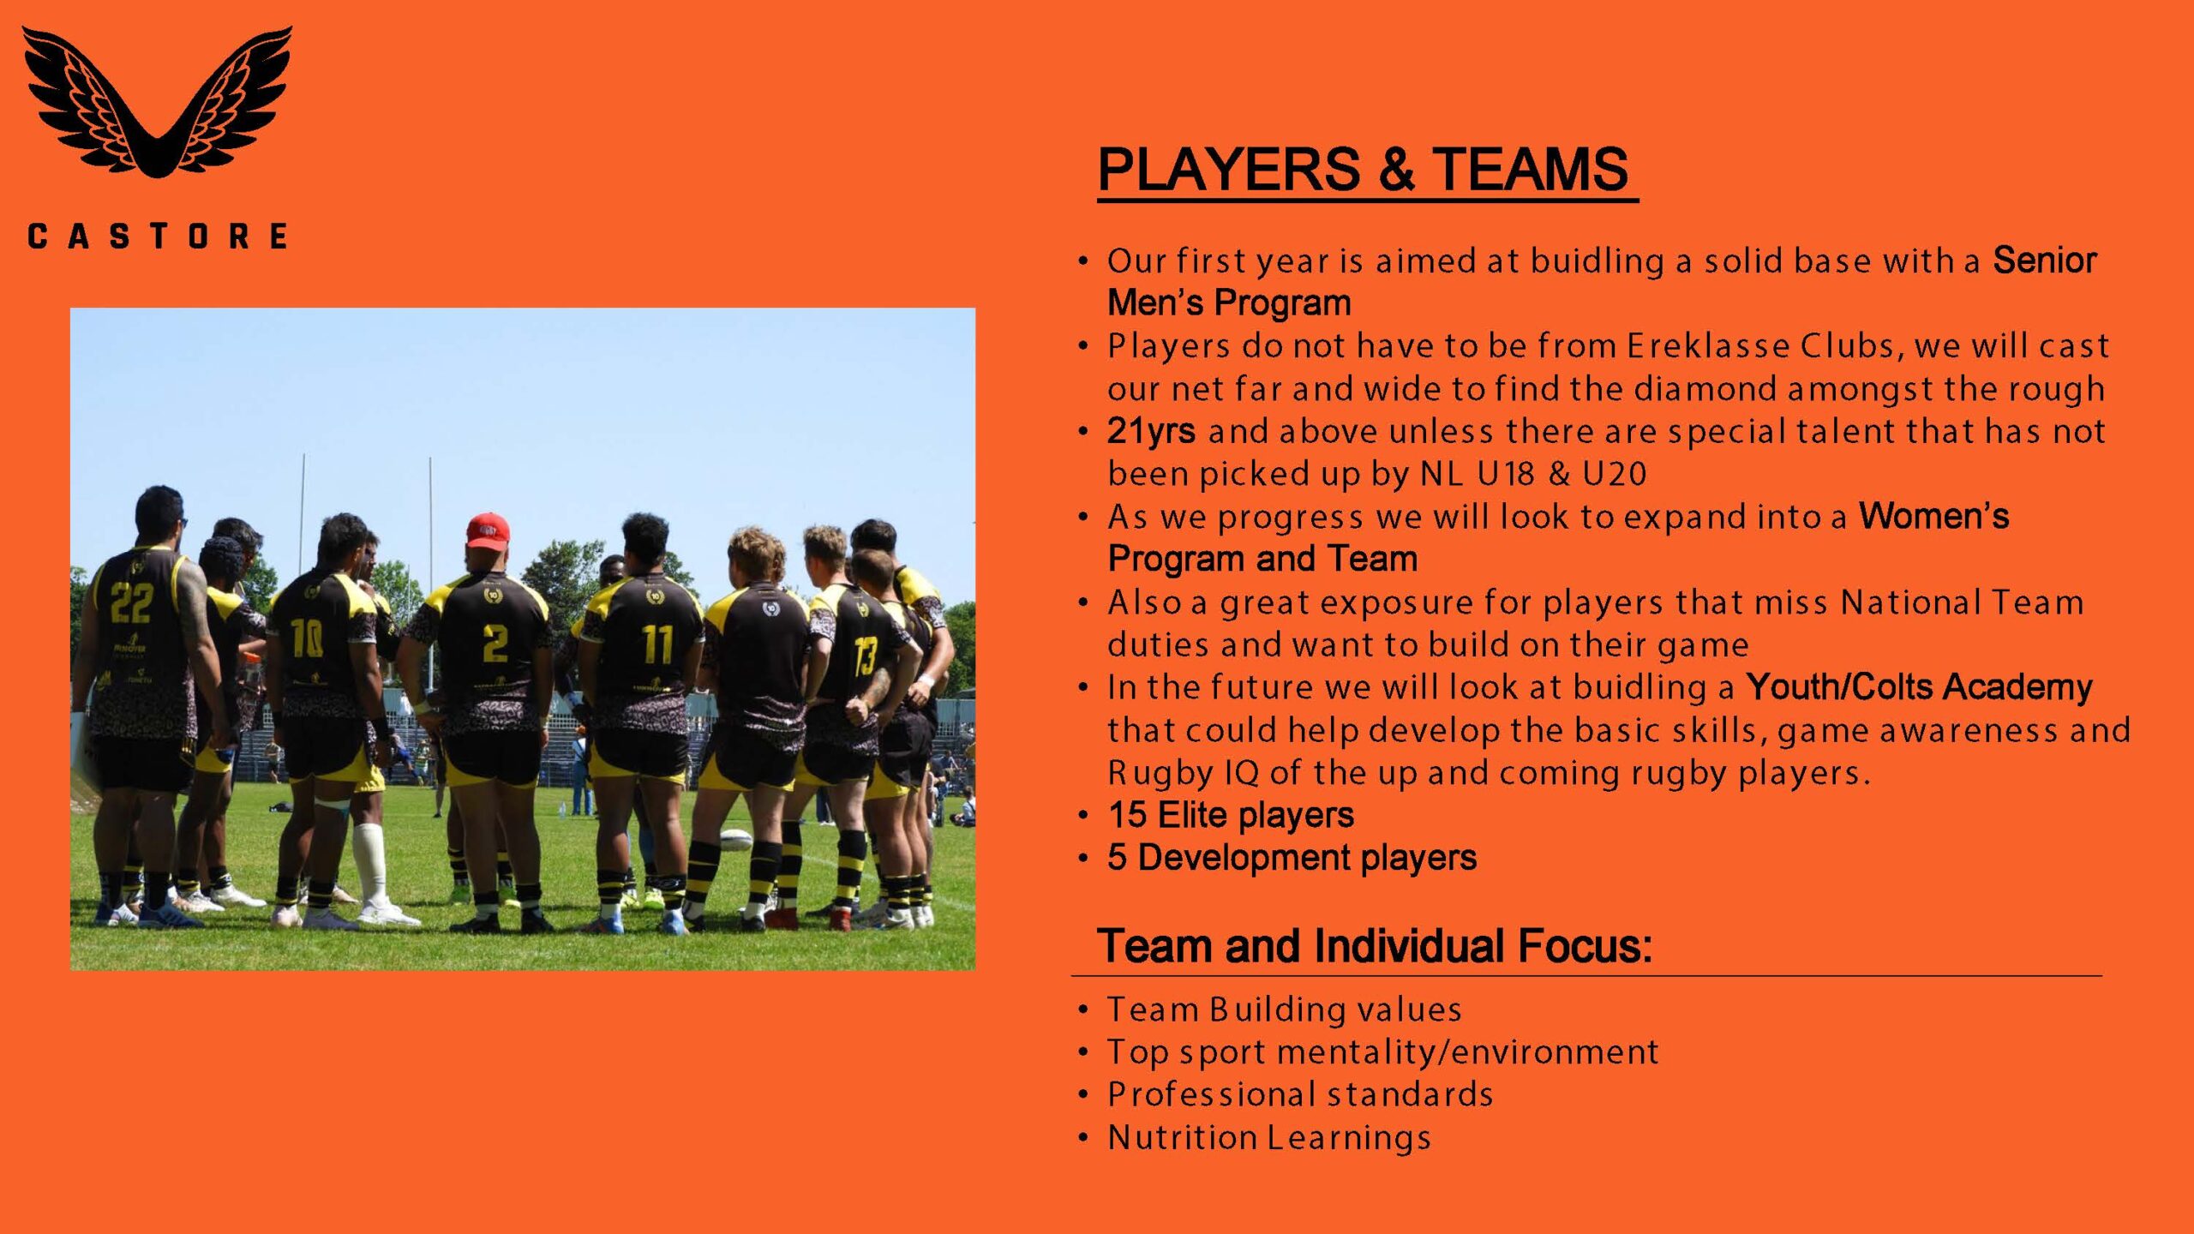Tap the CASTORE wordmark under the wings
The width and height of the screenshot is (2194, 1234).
coord(157,236)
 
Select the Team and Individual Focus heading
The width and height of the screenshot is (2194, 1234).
coord(1375,946)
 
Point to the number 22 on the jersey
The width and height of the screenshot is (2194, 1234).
coord(131,602)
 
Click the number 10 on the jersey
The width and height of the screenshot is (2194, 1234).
coord(307,638)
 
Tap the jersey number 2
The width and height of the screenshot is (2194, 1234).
coord(495,644)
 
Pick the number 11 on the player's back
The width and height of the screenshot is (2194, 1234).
coord(657,644)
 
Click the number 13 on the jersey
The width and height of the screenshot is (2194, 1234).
coord(864,656)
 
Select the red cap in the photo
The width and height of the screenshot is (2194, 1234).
coord(488,530)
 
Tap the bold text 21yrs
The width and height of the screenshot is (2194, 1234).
coord(1151,431)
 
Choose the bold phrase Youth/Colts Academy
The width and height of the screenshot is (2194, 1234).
coord(1920,687)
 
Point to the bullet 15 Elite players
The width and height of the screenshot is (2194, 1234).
coord(1231,816)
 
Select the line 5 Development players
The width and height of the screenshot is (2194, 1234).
coord(1292,858)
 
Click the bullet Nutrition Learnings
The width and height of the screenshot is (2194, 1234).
coord(1269,1138)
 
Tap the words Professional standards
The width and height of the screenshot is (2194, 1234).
coord(1300,1095)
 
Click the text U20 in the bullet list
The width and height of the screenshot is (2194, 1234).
coord(1615,474)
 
